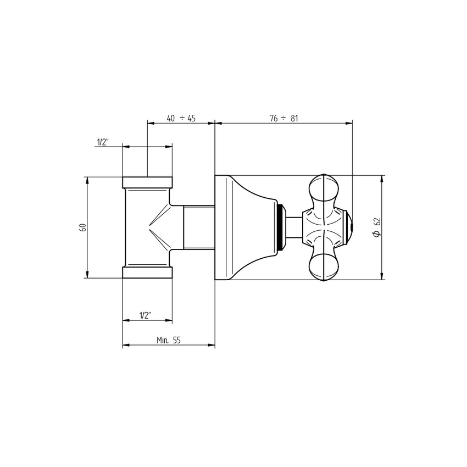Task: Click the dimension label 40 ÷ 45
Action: (181, 118)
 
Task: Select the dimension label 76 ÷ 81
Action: (283, 118)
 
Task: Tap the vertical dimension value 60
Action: (84, 227)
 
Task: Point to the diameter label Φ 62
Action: (377, 227)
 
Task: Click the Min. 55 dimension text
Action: (169, 340)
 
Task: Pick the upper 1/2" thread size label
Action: (102, 142)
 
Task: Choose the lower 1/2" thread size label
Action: (146, 315)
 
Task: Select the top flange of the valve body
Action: (147, 182)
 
